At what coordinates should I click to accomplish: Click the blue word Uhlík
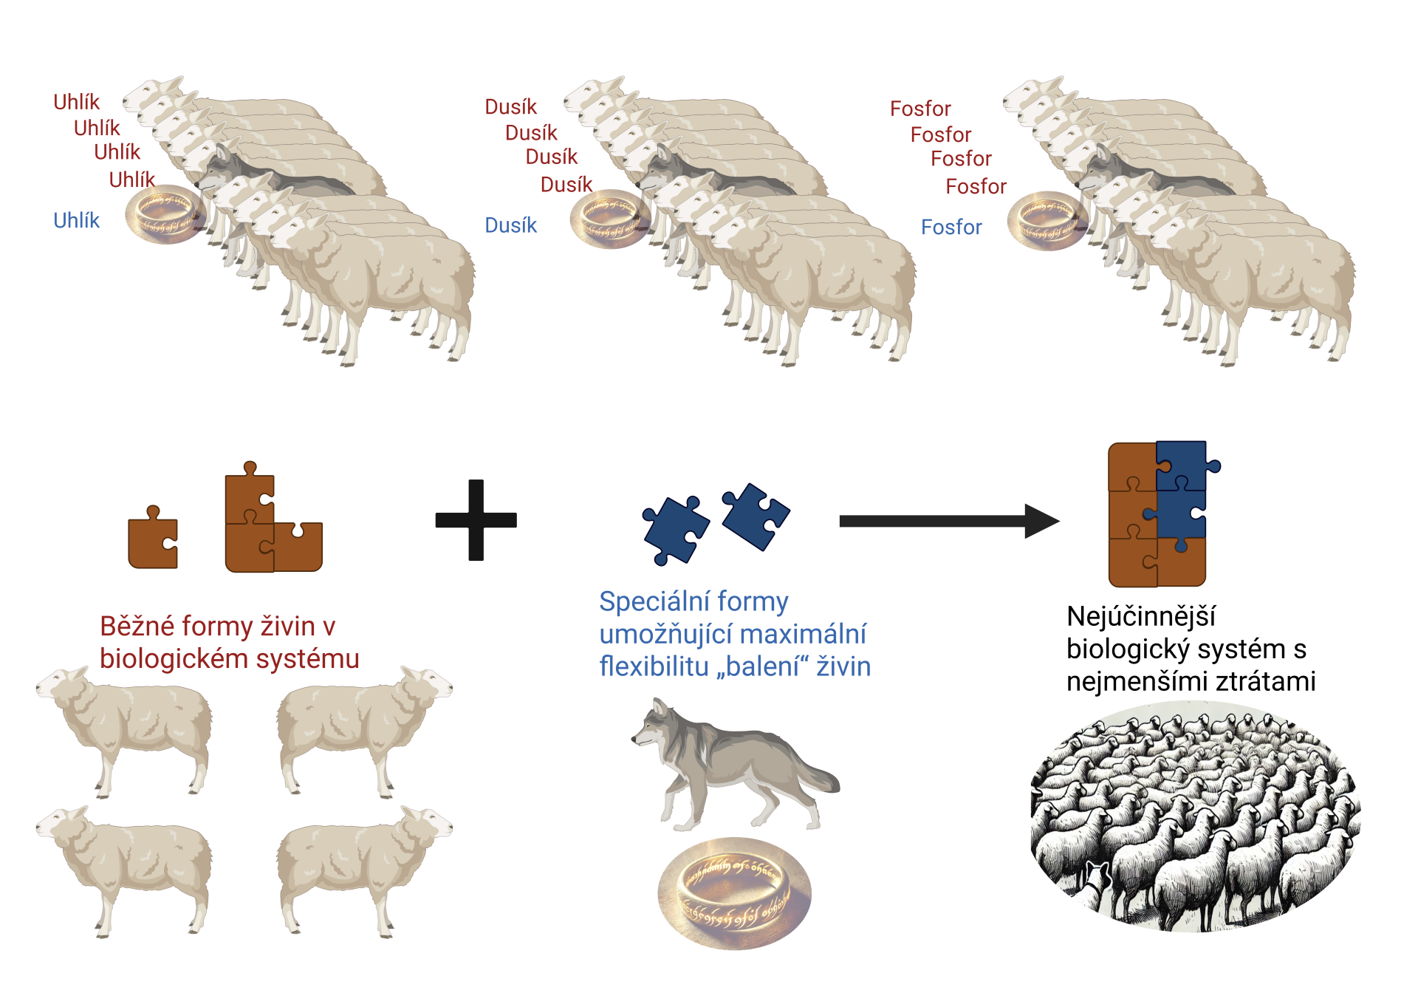pos(76,220)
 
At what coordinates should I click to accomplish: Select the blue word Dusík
pos(510,225)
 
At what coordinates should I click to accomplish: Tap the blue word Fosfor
pos(951,227)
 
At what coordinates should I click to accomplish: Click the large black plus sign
pos(476,520)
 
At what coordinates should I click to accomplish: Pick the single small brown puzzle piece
pos(153,539)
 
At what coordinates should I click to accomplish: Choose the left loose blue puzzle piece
pos(674,530)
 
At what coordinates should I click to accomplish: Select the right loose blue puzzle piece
pos(756,515)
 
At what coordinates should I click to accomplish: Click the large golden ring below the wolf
pos(734,893)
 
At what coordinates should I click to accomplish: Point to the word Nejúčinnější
pos(1140,616)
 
